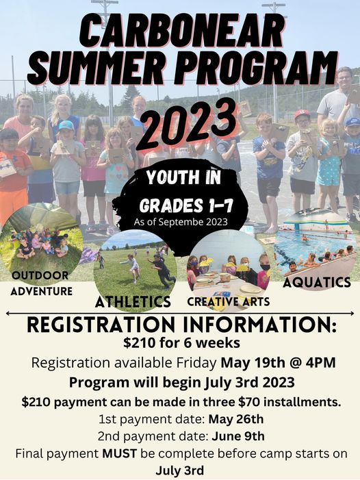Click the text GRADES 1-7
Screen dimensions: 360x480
[186, 205]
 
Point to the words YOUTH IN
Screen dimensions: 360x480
[183, 177]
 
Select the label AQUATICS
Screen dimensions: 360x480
[317, 283]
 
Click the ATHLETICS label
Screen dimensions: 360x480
[133, 302]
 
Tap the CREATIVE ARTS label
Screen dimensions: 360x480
[229, 302]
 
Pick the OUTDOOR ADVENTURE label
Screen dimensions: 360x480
[41, 283]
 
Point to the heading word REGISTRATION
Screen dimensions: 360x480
[101, 325]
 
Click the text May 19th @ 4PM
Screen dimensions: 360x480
[278, 362]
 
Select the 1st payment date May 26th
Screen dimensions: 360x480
[236, 419]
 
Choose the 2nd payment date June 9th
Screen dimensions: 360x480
[238, 436]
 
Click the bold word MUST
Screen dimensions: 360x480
[120, 453]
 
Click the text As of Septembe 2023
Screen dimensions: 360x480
[181, 222]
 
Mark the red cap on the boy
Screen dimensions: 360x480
[302, 114]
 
